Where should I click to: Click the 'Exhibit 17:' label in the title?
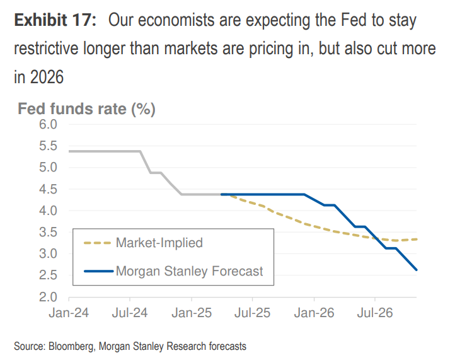(55, 20)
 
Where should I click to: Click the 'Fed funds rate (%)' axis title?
(86, 109)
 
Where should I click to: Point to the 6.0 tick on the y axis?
(49, 125)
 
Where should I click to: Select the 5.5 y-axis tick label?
(49, 146)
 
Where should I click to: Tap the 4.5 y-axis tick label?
(49, 189)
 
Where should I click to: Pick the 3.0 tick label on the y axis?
(49, 254)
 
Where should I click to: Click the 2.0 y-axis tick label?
(49, 297)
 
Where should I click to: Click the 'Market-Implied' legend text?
(159, 243)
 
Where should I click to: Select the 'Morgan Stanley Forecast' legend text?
(189, 272)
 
